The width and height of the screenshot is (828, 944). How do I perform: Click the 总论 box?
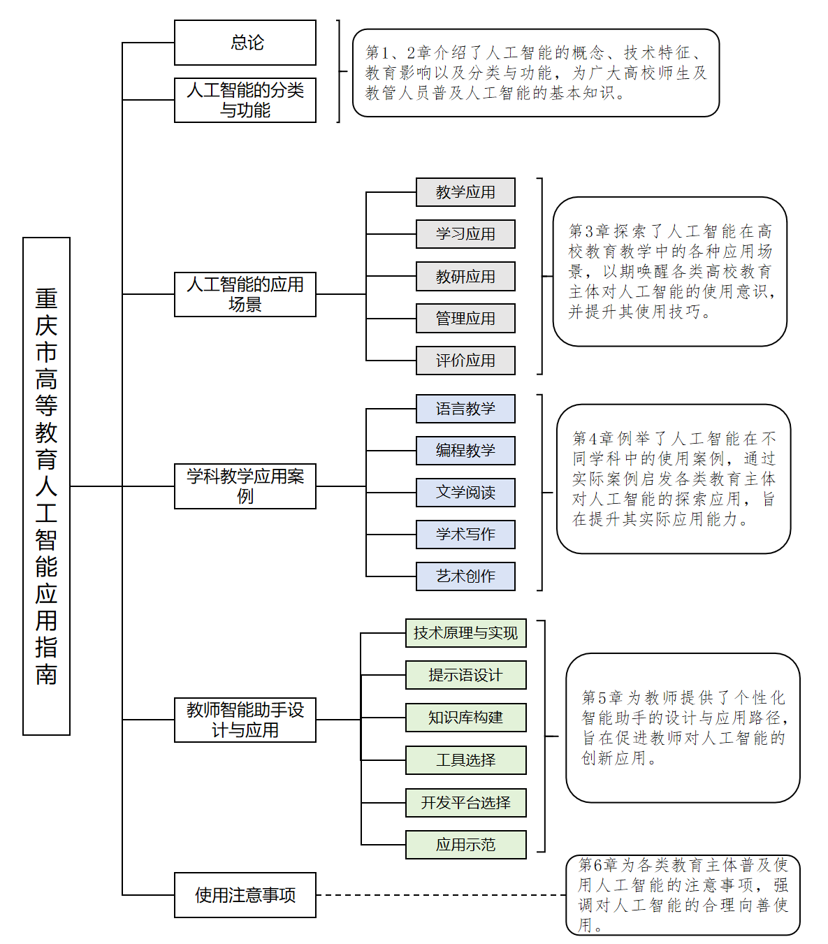click(245, 43)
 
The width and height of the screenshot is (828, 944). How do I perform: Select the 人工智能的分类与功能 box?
click(245, 100)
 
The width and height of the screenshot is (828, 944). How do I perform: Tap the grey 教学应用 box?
click(465, 192)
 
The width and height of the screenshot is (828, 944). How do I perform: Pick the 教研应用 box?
click(465, 277)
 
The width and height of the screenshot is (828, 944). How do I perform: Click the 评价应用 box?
click(465, 361)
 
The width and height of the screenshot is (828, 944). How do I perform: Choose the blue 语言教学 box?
click(465, 409)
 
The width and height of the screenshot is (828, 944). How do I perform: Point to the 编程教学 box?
click(465, 451)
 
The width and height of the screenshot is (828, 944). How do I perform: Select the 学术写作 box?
click(465, 535)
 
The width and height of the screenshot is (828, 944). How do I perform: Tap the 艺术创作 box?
click(465, 576)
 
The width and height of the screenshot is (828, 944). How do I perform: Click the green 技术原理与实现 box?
click(465, 633)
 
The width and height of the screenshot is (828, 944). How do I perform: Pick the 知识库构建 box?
click(465, 718)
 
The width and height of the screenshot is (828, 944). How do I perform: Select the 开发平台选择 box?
click(465, 803)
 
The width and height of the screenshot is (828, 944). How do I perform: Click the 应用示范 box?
click(465, 845)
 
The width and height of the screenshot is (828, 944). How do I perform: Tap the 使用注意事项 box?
click(245, 895)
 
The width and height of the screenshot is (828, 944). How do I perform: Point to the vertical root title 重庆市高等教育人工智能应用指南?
click(46, 486)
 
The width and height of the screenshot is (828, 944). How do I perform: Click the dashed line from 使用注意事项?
click(440, 895)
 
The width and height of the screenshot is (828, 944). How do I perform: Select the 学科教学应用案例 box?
click(245, 486)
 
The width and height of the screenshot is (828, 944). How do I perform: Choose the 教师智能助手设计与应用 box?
click(245, 720)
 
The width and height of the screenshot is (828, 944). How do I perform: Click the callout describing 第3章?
click(669, 272)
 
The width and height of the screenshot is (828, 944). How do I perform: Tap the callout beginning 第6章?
click(683, 895)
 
